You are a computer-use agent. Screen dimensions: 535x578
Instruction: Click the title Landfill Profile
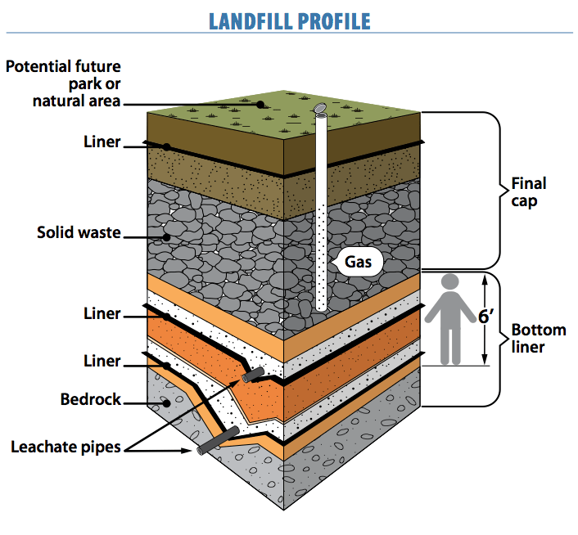coord(289,20)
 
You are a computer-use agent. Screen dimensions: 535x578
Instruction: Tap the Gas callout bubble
coord(358,263)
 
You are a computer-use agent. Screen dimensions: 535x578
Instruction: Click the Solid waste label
coord(79,232)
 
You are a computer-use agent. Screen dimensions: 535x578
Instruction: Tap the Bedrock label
coord(91,400)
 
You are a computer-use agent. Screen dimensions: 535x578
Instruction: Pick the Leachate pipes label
coord(65,447)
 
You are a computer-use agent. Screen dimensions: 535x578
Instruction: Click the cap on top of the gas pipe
coord(321,108)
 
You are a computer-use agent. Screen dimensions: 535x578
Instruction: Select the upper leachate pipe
coord(252,375)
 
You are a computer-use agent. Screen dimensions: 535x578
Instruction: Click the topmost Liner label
coord(102,142)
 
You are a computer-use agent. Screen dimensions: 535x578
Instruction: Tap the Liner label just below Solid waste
coord(102,313)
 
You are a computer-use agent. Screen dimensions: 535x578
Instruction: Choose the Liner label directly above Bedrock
coord(102,361)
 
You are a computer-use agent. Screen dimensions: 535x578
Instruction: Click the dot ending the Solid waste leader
coord(167,236)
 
